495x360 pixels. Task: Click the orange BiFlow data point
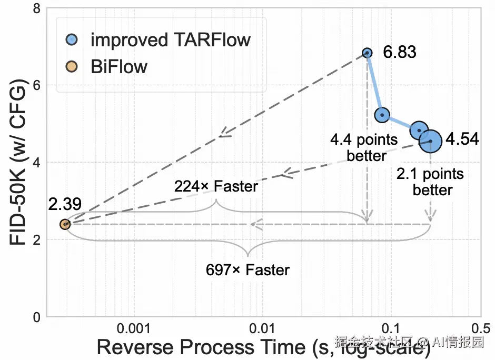[65, 224]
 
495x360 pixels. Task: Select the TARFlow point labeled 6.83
[367, 53]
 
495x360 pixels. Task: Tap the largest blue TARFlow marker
[430, 141]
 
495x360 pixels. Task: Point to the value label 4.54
[462, 139]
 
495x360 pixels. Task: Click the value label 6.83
[400, 53]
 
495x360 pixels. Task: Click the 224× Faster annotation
[216, 186]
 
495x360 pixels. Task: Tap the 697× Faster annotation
[247, 270]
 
